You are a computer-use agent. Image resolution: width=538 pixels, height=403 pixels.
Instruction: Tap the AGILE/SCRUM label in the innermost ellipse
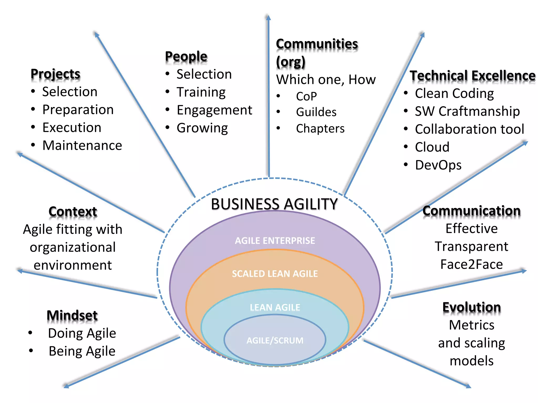275,340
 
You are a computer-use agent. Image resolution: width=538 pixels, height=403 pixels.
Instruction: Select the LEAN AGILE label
275,307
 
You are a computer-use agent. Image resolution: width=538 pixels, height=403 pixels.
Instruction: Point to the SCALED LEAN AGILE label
275,274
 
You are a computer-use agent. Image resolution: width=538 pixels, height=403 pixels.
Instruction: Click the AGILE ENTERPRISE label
275,240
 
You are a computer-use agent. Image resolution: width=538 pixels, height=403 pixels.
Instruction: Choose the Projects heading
55,74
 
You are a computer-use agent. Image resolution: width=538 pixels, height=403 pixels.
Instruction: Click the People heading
186,56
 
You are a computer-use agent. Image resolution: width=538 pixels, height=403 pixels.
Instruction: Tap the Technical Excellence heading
472,76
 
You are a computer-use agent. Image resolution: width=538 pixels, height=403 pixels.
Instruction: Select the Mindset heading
72,315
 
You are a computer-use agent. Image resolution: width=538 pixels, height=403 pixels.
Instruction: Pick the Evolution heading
472,307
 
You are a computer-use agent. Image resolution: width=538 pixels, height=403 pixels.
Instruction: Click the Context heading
73,211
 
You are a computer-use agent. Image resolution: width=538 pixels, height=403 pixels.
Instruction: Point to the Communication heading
472,211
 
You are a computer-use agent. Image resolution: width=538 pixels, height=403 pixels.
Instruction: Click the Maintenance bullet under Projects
82,145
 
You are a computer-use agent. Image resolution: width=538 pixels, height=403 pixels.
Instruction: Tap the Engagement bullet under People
214,110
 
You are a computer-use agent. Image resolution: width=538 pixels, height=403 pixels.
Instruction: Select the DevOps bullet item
438,165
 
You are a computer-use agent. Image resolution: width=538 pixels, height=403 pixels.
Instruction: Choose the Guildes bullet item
316,112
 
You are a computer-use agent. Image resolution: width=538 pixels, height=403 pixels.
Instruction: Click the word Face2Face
472,264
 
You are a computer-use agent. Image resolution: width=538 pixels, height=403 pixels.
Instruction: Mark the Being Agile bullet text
82,351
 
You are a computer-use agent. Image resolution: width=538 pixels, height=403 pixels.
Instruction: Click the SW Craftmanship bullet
467,111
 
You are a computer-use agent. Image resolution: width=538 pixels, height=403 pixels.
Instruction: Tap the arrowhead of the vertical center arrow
268,18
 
